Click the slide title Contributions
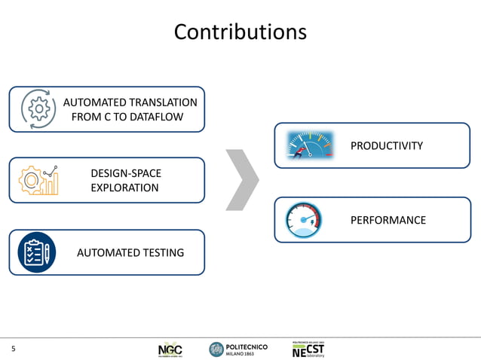point(240,32)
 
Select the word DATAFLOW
point(154,117)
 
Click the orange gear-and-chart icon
point(38,180)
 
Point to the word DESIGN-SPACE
point(125,173)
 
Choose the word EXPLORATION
point(124,188)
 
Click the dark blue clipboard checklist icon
point(36,252)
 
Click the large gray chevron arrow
point(243,180)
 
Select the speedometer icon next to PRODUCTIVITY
point(310,145)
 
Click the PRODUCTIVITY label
point(387,145)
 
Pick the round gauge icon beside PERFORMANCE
point(304,220)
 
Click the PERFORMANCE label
point(388,220)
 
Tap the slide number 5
point(13,349)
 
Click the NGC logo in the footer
point(170,349)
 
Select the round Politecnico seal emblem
point(216,349)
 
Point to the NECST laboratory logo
point(308,349)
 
